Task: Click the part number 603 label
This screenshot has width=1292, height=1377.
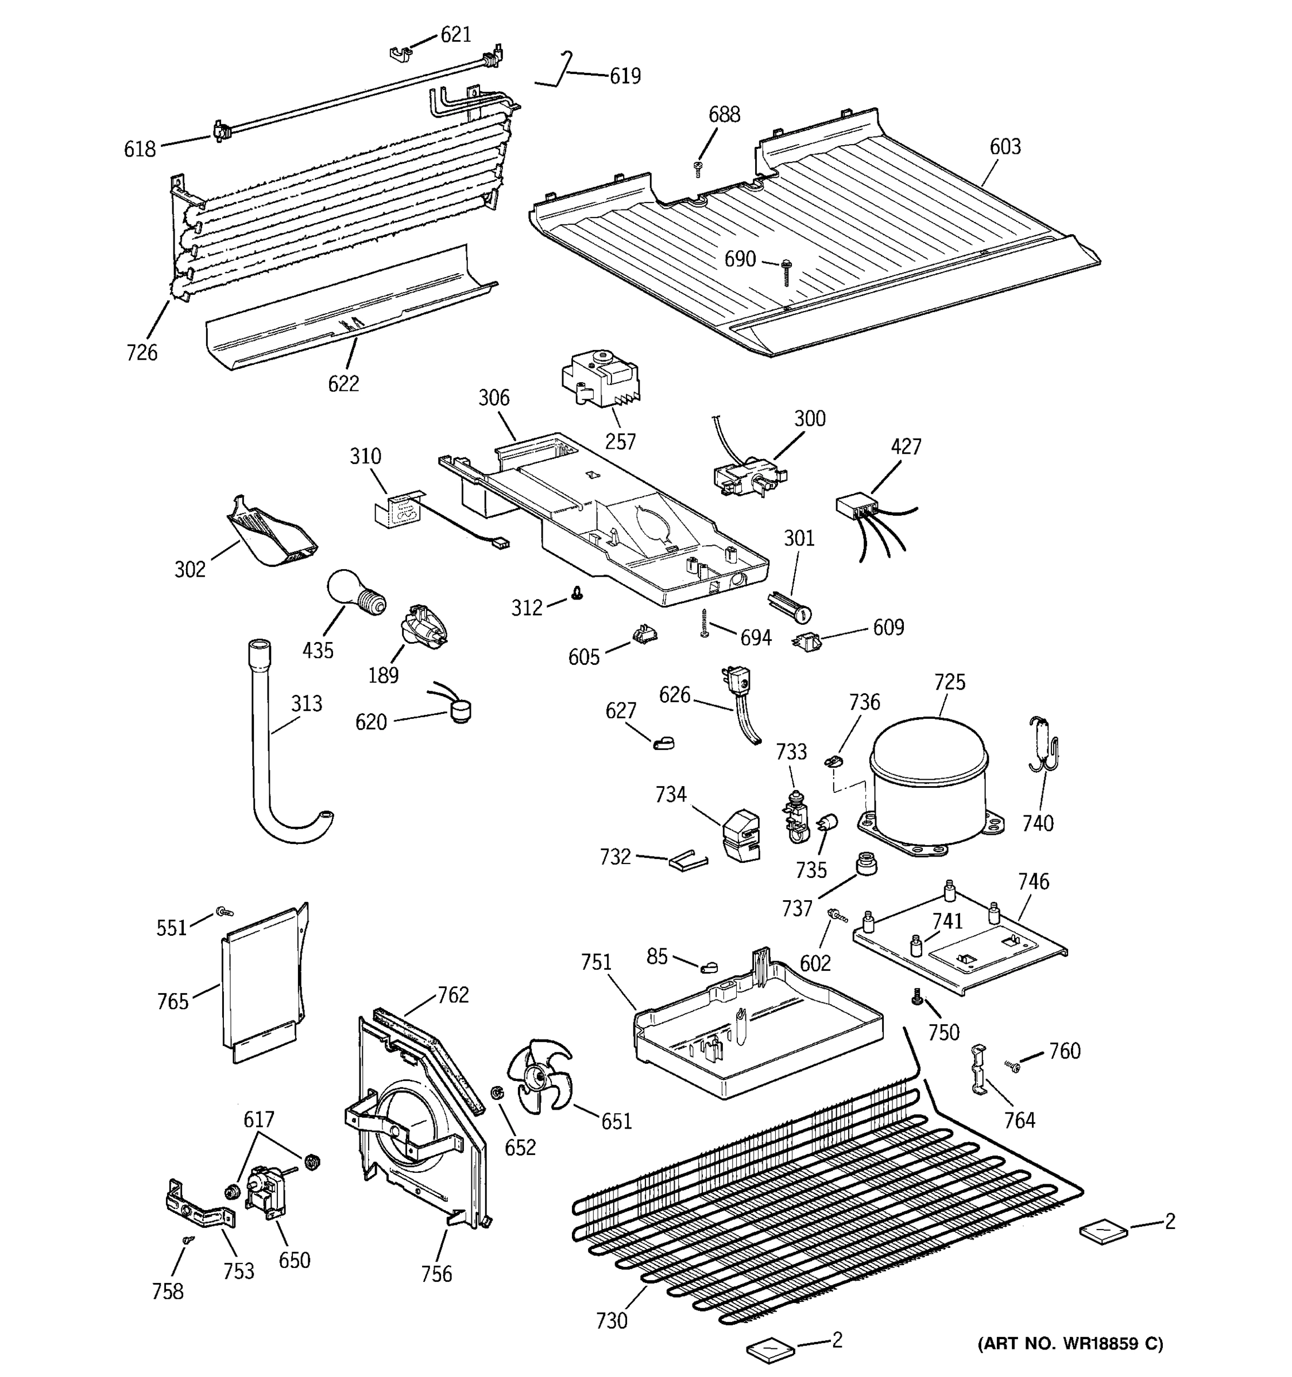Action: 1004,146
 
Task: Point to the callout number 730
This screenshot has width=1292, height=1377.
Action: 612,1321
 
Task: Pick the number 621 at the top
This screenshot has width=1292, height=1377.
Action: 455,34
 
